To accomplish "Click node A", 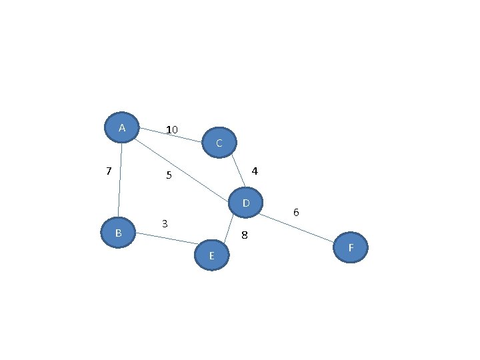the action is [122, 127].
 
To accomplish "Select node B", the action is [118, 233].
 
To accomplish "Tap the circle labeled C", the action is [219, 143].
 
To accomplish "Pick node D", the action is [245, 203].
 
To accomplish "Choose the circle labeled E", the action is [212, 255].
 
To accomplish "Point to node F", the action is [351, 247].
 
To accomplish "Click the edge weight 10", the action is [172, 130].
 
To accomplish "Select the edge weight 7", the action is [109, 171].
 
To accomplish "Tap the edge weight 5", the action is [169, 175].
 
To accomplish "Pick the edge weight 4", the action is [255, 171].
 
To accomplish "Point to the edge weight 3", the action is [165, 224].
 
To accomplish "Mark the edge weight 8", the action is [244, 235].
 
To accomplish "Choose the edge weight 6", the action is [296, 212].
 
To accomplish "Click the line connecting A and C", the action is [171, 135].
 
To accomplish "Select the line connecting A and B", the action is [120, 180].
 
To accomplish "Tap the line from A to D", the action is [181, 171].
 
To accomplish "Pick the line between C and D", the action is [238, 171].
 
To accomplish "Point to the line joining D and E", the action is [229, 229].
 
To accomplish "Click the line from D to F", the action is [297, 228].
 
